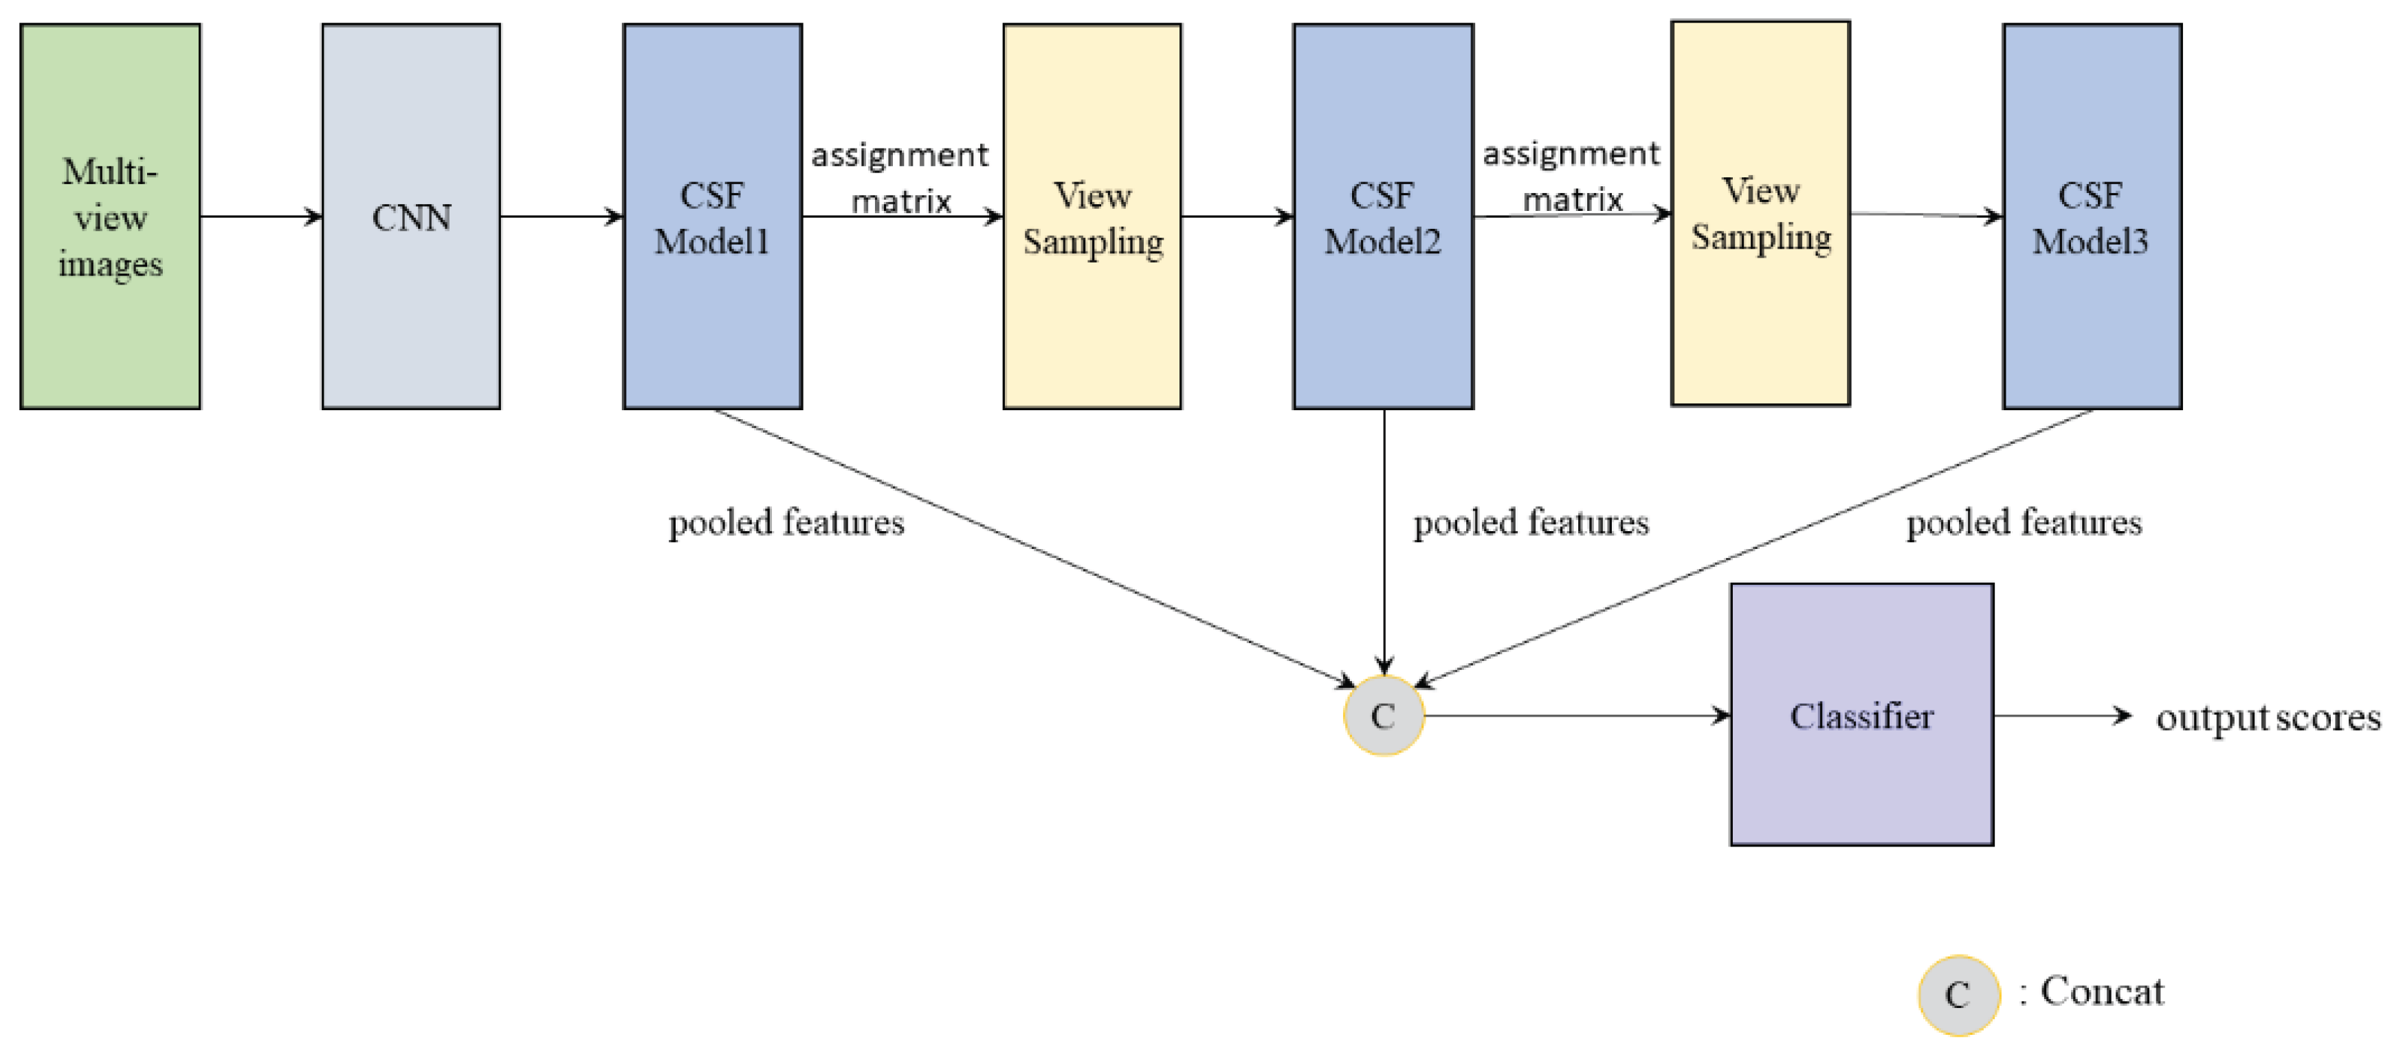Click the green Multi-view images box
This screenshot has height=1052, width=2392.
tap(109, 216)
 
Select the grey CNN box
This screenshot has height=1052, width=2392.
tap(410, 216)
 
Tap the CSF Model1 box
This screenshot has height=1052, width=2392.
tap(712, 216)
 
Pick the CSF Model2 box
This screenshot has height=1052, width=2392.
tap(1383, 216)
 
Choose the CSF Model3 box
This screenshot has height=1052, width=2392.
tap(2091, 216)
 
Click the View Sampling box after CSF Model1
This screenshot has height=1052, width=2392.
tap(1092, 216)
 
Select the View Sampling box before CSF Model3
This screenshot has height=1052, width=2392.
tap(1760, 214)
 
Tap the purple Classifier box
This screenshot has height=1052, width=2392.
tap(1861, 714)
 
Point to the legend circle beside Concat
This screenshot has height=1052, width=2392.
tap(1958, 994)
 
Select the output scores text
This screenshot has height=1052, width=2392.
tap(2268, 718)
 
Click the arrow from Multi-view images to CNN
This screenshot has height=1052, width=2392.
tap(260, 216)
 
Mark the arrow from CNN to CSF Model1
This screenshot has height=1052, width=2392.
tap(561, 216)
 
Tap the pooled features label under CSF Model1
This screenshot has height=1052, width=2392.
tap(786, 523)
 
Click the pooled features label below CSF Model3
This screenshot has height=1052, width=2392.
tap(2024, 523)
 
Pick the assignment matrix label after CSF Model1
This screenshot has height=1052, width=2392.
tap(900, 177)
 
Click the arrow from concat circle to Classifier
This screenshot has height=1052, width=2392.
tap(1576, 715)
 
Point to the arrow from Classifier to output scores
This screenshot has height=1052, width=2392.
tap(2061, 715)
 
